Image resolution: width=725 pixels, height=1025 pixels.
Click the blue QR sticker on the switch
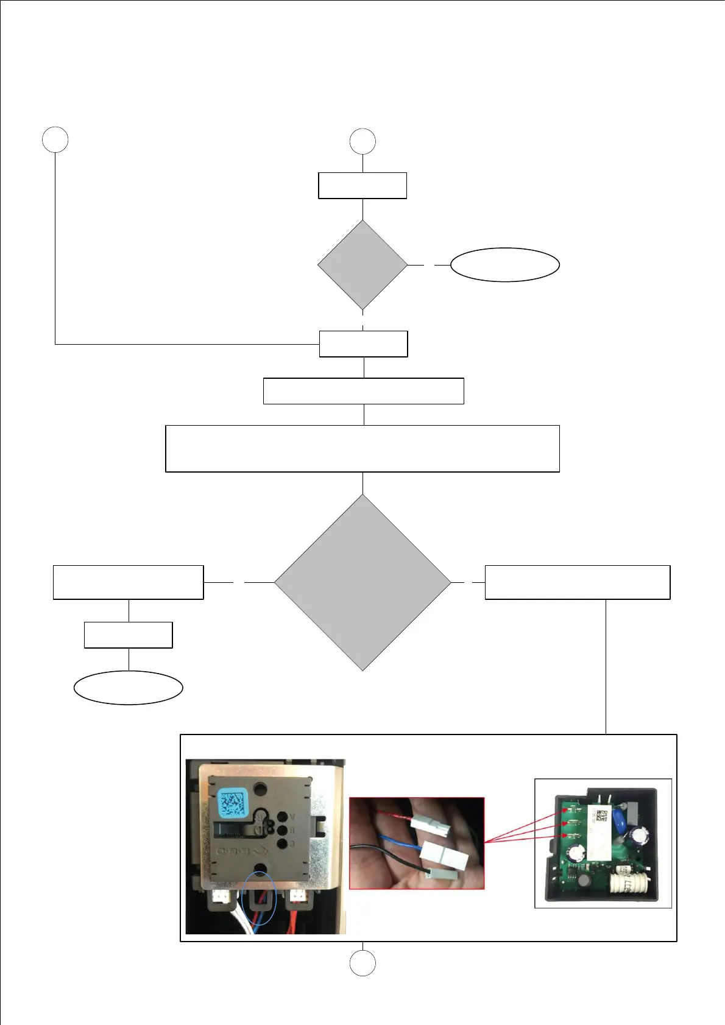[232, 803]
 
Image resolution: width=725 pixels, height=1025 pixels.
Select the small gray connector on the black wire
[442, 873]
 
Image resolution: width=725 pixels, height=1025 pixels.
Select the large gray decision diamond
[362, 582]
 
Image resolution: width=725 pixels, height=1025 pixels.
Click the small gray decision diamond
[362, 265]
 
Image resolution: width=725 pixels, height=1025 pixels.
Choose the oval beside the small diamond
[504, 265]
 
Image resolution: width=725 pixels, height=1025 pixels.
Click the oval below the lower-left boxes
[128, 688]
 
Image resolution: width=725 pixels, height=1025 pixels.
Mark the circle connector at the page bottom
[362, 963]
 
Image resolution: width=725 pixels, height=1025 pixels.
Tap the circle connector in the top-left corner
[55, 139]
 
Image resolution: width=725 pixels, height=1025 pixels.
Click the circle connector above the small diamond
[362, 141]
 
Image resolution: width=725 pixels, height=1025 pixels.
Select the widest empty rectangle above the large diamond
[362, 449]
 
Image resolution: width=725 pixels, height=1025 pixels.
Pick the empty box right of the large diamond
[577, 582]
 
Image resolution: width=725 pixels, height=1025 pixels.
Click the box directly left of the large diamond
[128, 582]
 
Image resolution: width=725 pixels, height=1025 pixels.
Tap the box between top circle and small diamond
[362, 186]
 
